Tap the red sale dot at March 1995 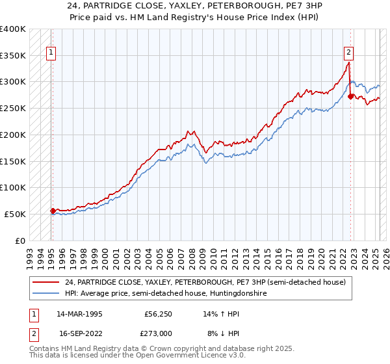(53, 210)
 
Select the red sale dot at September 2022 (351, 96)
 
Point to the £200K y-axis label (13, 135)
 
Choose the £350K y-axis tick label (13, 55)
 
